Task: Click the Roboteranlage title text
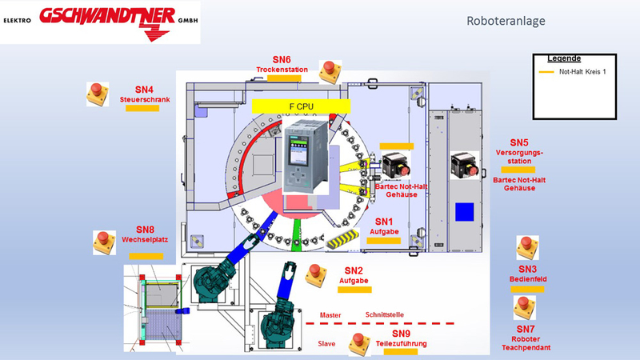pyautogui.click(x=506, y=21)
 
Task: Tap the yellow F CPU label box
pyautogui.click(x=302, y=106)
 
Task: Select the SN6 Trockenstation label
pyautogui.click(x=282, y=65)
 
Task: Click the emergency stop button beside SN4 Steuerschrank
pyautogui.click(x=98, y=94)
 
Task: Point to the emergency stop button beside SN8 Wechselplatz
pyautogui.click(x=104, y=242)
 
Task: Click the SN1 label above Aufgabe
pyautogui.click(x=384, y=222)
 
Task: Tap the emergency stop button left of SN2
pyautogui.click(x=316, y=275)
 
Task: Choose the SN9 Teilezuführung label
pyautogui.click(x=402, y=338)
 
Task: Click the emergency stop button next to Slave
pyautogui.click(x=359, y=344)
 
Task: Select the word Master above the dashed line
pyautogui.click(x=330, y=315)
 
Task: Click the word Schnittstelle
pyautogui.click(x=385, y=314)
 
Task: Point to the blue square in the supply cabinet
pyautogui.click(x=465, y=212)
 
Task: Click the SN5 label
pyautogui.click(x=519, y=143)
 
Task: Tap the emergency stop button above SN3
pyautogui.click(x=527, y=247)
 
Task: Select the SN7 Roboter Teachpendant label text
pyautogui.click(x=526, y=338)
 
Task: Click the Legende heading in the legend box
pyautogui.click(x=564, y=58)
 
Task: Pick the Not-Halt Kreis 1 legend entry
pyautogui.click(x=573, y=72)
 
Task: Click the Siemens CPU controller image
pyautogui.click(x=306, y=156)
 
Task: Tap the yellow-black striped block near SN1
pyautogui.click(x=342, y=238)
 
